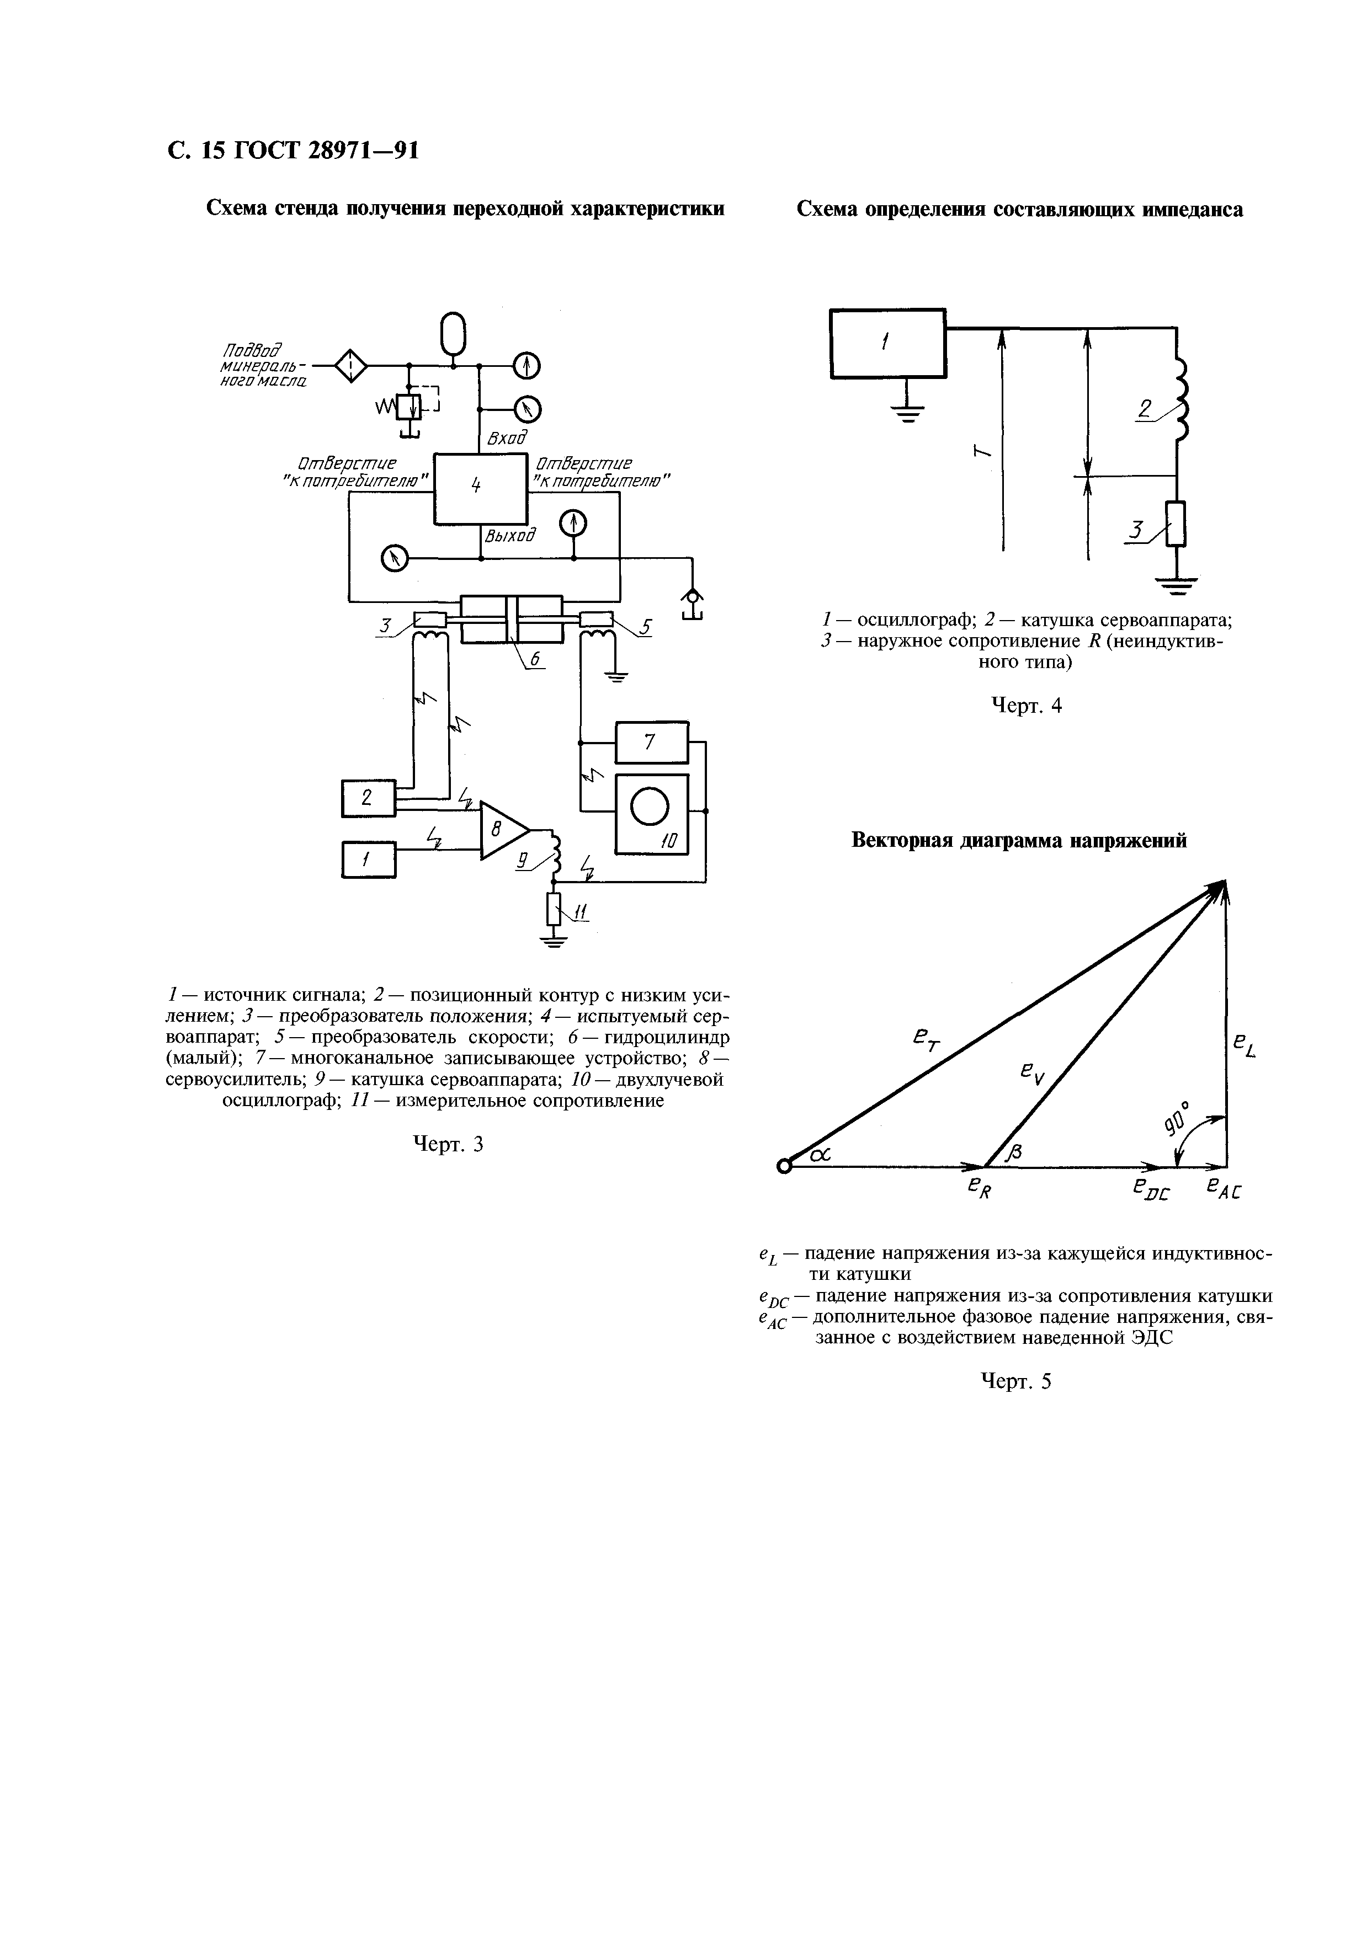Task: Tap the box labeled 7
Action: pyautogui.click(x=651, y=743)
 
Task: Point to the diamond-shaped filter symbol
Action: pyautogui.click(x=350, y=366)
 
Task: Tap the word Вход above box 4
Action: pyautogui.click(x=507, y=438)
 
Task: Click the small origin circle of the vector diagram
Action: pyautogui.click(x=784, y=1167)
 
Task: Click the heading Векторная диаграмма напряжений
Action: pyautogui.click(x=1019, y=841)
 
